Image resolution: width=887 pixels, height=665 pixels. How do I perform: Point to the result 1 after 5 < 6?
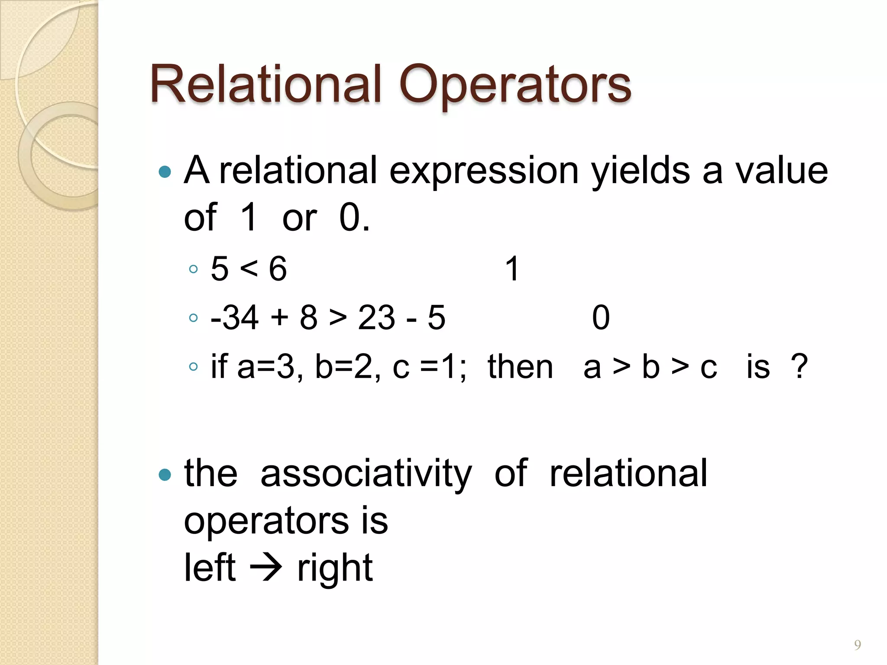(512, 269)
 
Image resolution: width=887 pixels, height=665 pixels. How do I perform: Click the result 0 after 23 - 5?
(601, 318)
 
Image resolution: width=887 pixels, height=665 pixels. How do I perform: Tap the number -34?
(234, 318)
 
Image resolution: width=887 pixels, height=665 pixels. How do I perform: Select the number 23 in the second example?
(376, 318)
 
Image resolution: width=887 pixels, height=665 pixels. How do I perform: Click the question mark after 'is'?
(799, 367)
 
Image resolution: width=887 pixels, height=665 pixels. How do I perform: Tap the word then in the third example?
(520, 367)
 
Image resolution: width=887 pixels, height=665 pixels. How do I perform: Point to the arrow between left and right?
(266, 568)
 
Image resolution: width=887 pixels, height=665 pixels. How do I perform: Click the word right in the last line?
(334, 568)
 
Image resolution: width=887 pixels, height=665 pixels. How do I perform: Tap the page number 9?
(857, 645)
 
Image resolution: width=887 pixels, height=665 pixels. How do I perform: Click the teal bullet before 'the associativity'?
(165, 475)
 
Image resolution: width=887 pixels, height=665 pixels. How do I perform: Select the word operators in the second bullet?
(266, 521)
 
